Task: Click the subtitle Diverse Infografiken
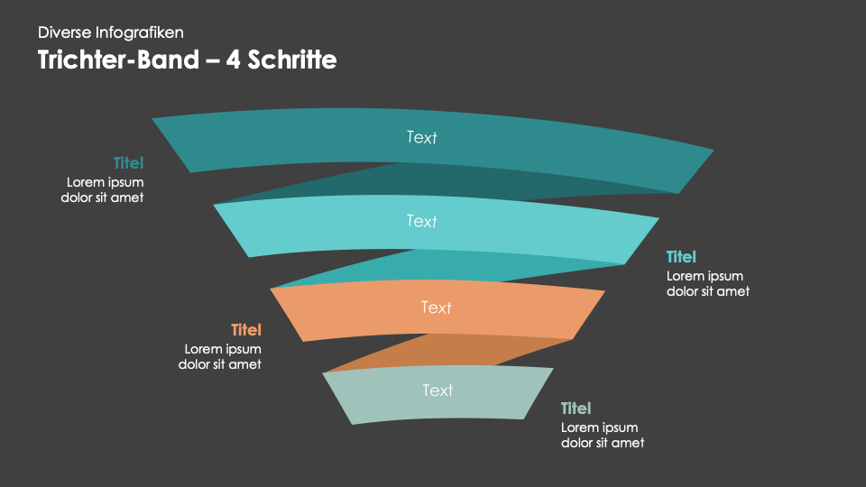click(110, 32)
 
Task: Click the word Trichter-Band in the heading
click(118, 60)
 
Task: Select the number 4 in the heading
click(233, 60)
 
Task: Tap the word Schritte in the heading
click(292, 60)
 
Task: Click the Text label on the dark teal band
click(422, 137)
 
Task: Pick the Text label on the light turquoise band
click(422, 221)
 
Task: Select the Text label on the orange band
click(437, 307)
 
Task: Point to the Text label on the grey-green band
click(438, 391)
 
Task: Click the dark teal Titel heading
click(129, 163)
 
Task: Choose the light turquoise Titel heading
click(682, 257)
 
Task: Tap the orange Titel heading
click(246, 330)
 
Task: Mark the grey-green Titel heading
click(576, 408)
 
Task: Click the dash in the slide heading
click(213, 60)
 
